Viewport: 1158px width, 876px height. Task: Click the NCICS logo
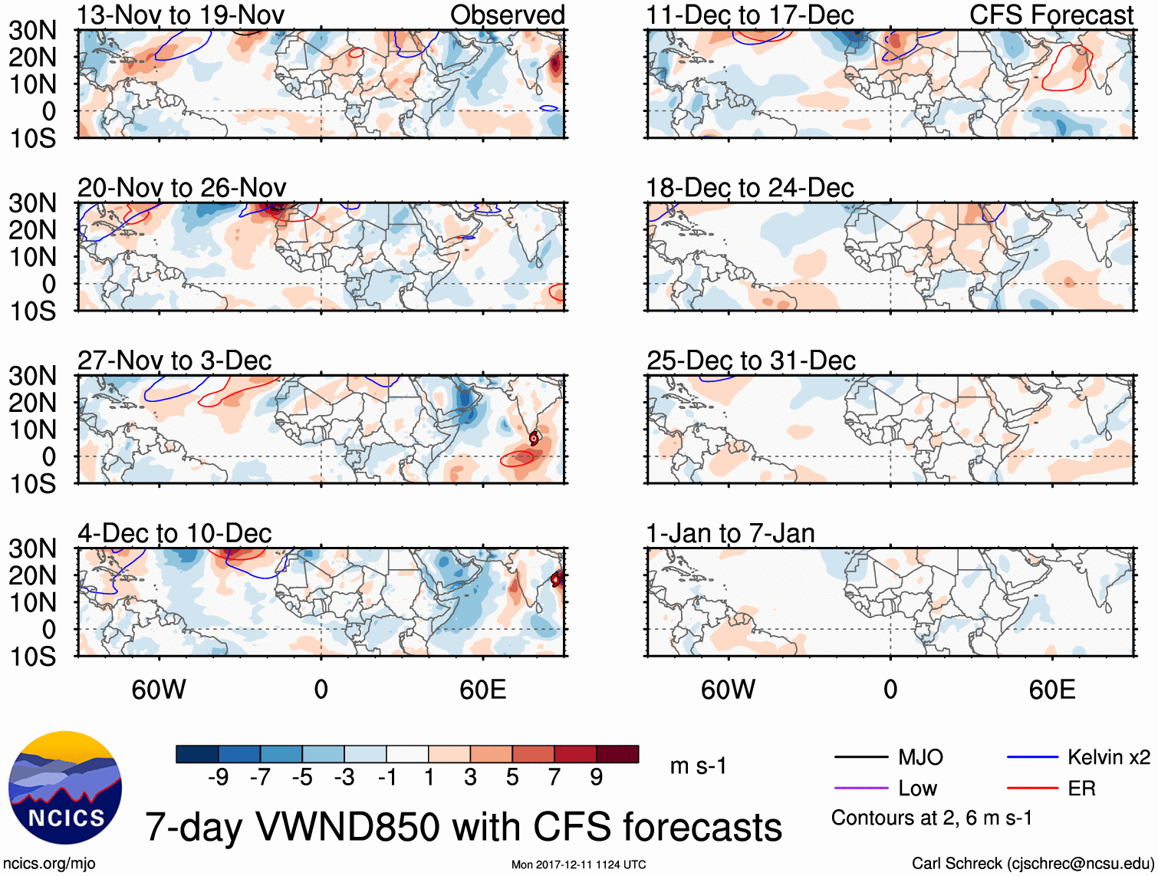coord(65,788)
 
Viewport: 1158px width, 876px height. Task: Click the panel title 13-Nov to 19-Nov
coord(181,15)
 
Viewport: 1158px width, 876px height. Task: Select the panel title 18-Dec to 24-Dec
coord(749,188)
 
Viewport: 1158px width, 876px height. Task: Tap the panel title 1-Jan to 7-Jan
coord(730,533)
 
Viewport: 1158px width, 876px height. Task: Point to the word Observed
coord(507,15)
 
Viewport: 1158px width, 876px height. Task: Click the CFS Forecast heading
coord(1051,15)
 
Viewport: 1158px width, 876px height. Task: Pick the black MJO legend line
coord(861,757)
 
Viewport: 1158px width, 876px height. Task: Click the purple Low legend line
coord(861,788)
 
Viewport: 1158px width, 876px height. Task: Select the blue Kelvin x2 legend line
coord(1032,757)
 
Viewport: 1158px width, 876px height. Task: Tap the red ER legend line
coord(1032,788)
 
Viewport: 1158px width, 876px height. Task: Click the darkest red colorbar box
coord(617,754)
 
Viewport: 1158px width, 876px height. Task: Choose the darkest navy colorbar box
coord(196,754)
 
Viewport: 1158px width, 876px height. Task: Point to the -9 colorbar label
coord(219,778)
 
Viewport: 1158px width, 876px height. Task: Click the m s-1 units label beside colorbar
coord(698,766)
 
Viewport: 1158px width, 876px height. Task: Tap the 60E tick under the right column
coord(1051,690)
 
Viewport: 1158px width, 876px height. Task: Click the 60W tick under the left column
coord(159,690)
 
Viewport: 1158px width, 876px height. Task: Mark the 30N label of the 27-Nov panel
coord(33,376)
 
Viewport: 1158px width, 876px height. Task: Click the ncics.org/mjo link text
coord(50,863)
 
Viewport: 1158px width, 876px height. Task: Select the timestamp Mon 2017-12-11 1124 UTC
coord(578,864)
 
